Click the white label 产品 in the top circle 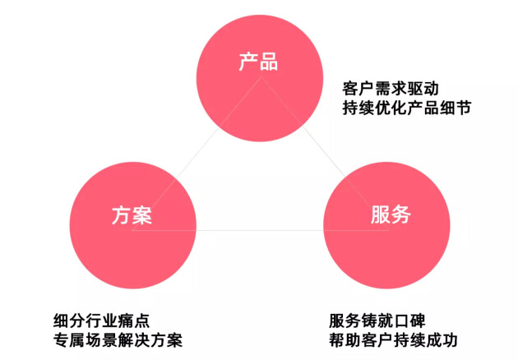[258, 62]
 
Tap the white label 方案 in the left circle [132, 215]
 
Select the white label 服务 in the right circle [391, 215]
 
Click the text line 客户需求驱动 [391, 89]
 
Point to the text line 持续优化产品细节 [407, 108]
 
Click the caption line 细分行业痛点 [101, 321]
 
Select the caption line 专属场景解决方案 [118, 340]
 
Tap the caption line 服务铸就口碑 [377, 321]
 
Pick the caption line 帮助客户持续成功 [393, 340]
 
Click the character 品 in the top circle [269, 62]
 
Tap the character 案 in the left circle [142, 215]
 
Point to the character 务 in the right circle [401, 215]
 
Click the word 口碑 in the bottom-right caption [409, 321]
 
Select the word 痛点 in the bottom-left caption [134, 321]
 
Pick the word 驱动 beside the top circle [423, 89]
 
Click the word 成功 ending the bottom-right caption [442, 340]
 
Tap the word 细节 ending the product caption [456, 108]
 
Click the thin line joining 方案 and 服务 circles [261, 230]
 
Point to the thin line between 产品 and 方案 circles [197, 154]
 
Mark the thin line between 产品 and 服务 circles [325, 154]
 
